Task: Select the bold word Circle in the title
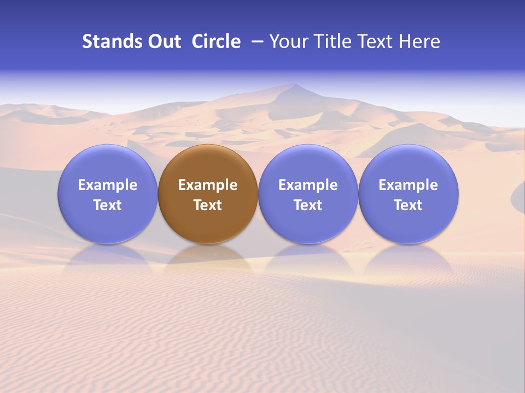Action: [x=216, y=41]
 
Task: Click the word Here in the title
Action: [x=418, y=41]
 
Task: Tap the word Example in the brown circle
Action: [x=208, y=185]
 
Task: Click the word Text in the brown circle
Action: [x=208, y=205]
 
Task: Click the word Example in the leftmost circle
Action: [x=108, y=185]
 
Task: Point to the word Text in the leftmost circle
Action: [x=108, y=205]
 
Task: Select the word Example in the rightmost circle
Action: [x=409, y=185]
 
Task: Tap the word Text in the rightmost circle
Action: [x=409, y=205]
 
